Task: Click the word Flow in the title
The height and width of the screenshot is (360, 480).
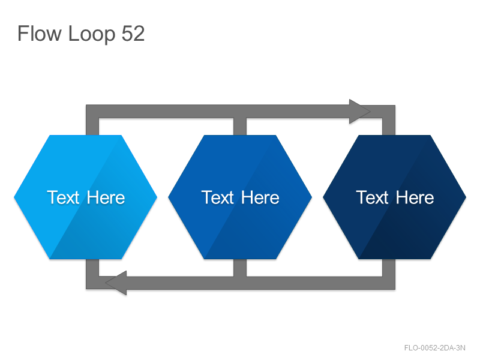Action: pos(39,33)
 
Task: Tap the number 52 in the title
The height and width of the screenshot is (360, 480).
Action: pos(133,34)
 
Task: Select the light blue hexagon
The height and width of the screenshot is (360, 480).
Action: pos(86,197)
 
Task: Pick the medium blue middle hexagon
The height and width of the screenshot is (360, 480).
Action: pos(240,197)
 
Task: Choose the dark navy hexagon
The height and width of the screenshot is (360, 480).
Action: pos(395,197)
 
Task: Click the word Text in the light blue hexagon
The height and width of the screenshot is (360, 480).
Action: pos(63,197)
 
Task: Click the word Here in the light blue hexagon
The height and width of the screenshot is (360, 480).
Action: pos(106,197)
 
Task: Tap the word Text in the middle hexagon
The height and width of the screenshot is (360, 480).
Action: pos(217,197)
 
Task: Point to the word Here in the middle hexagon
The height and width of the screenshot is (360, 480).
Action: pos(260,197)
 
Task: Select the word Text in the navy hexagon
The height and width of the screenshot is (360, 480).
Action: pos(372,197)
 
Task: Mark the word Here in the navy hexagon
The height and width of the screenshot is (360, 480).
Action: pos(415,197)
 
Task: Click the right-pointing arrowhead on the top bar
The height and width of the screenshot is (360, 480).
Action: pos(359,112)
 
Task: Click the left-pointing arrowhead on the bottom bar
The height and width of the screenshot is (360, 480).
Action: pos(116,283)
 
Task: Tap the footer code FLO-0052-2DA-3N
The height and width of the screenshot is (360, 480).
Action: pos(434,348)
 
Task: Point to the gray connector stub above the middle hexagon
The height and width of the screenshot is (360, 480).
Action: pos(240,127)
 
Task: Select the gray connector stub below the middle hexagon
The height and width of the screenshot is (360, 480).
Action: pos(240,268)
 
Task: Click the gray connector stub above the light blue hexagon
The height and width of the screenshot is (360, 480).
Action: pos(92,127)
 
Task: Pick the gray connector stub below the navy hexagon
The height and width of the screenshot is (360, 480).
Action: pos(389,268)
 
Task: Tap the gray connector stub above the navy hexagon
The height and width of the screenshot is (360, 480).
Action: pos(389,127)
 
